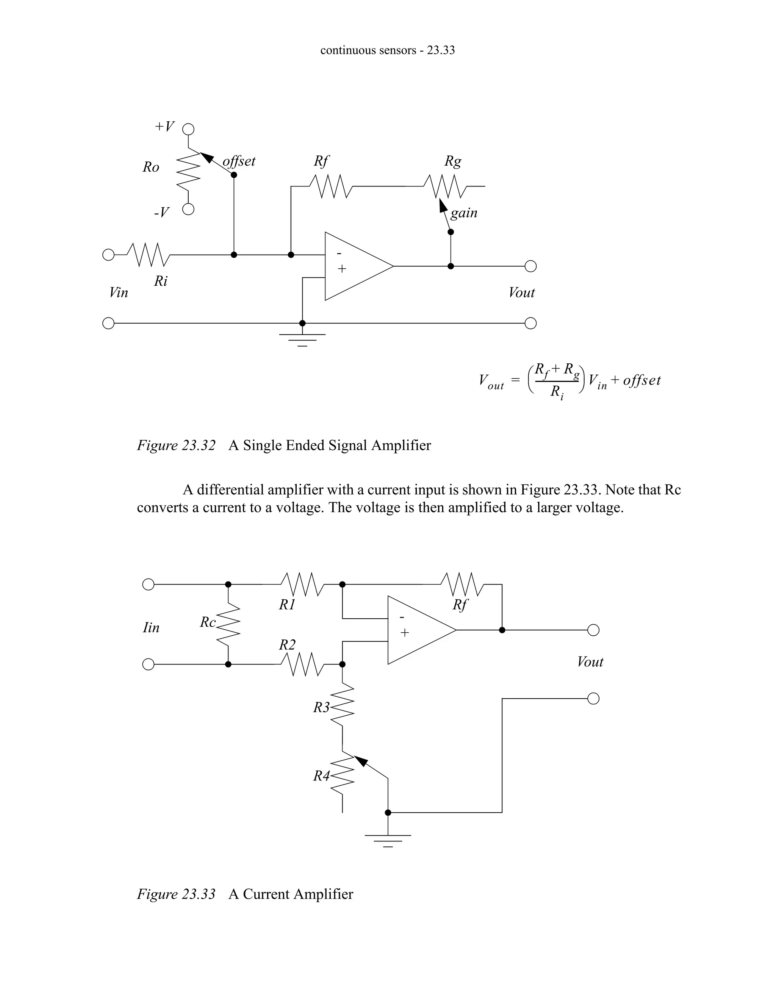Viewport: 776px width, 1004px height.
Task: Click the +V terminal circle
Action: (188, 129)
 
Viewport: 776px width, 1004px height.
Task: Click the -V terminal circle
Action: (188, 210)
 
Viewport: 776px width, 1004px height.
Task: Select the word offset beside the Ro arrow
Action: (239, 161)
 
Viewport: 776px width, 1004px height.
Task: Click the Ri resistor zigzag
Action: (149, 255)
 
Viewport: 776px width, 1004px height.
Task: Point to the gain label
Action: (464, 213)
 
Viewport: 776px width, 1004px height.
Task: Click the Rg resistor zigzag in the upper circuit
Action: (445, 186)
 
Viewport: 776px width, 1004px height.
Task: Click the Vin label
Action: (118, 293)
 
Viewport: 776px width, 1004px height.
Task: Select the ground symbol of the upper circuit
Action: (302, 339)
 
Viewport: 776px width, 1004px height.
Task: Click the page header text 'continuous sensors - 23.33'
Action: (388, 50)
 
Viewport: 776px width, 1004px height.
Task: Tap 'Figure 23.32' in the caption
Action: (176, 446)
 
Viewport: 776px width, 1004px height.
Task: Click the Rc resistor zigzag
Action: (228, 624)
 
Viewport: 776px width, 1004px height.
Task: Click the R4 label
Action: (321, 776)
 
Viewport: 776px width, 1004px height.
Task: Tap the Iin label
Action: (151, 627)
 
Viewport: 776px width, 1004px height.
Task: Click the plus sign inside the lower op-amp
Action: (405, 633)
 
